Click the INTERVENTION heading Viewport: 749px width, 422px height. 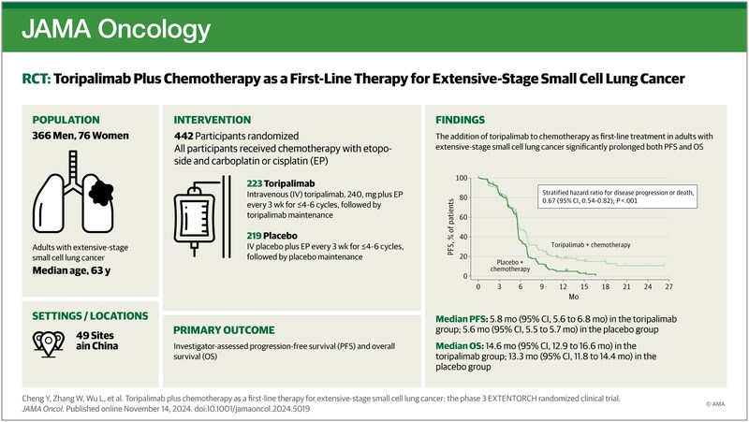[213, 121]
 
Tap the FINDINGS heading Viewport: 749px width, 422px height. [458, 121]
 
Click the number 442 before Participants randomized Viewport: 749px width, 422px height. [186, 137]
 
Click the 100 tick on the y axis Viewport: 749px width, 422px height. [461, 177]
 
